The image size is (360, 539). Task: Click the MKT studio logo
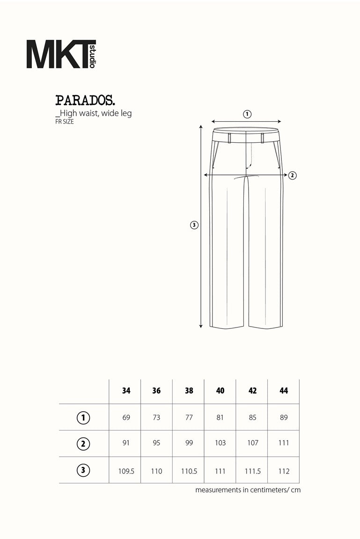(x=61, y=54)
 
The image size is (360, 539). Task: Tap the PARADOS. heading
(x=85, y=101)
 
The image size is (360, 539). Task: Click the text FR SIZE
(x=64, y=121)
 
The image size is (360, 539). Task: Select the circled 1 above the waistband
(x=247, y=114)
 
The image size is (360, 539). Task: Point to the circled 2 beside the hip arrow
(x=292, y=175)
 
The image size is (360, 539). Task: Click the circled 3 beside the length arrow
(x=194, y=225)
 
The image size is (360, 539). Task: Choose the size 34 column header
(x=126, y=391)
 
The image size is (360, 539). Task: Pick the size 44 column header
(x=284, y=391)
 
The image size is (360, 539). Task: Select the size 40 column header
(x=220, y=391)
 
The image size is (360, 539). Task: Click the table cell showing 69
(x=126, y=417)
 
